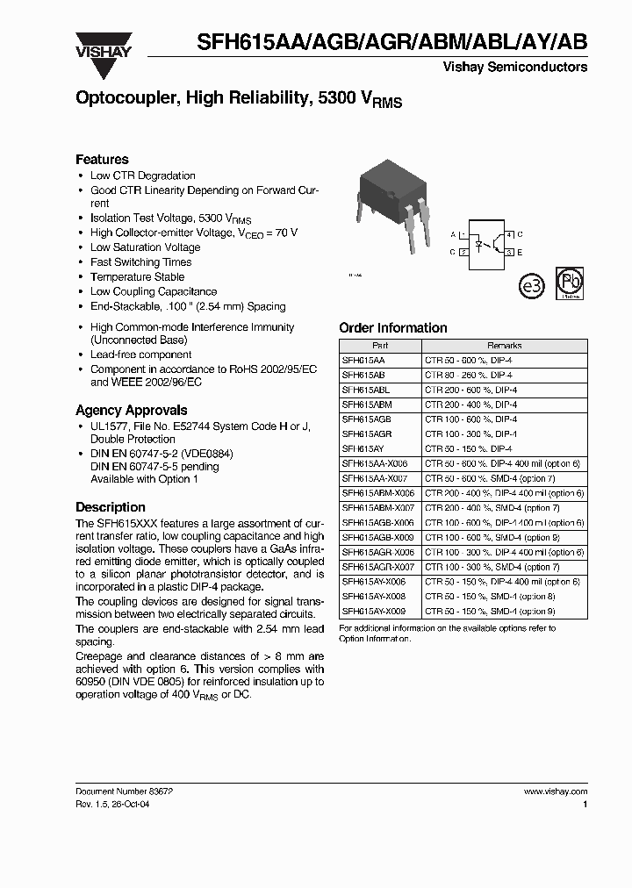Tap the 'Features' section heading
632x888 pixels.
(x=102, y=160)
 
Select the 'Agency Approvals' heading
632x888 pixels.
(x=131, y=410)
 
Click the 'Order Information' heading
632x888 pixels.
(x=392, y=328)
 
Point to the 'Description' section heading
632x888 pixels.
(x=110, y=507)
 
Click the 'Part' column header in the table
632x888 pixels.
(x=380, y=346)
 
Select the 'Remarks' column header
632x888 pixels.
(x=504, y=346)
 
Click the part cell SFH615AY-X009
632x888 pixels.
(x=371, y=610)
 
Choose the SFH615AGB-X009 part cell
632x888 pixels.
(x=374, y=537)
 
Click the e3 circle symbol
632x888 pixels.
(x=532, y=285)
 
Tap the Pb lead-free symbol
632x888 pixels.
(x=571, y=283)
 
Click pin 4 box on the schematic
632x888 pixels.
(x=510, y=235)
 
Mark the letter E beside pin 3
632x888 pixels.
(x=521, y=252)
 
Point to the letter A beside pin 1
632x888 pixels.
(x=453, y=235)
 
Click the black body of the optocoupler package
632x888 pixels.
(x=387, y=183)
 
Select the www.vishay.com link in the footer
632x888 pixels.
(x=556, y=791)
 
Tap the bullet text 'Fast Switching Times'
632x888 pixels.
(x=140, y=261)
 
